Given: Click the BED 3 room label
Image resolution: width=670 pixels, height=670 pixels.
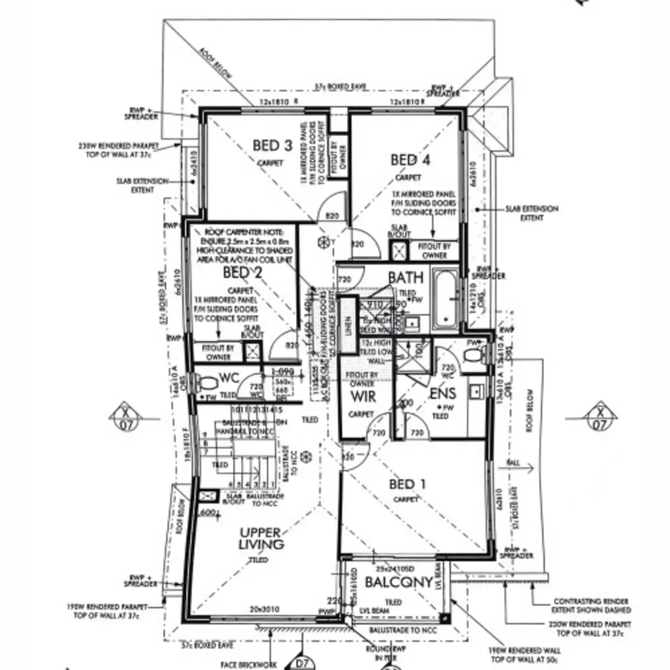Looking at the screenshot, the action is pos(272,146).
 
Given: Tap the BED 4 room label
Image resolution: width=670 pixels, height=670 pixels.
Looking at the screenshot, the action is pos(410,160).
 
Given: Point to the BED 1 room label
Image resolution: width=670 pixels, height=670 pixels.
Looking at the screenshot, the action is pos(407,484).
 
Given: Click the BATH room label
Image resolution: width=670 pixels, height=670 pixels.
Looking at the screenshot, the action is pos(406,277).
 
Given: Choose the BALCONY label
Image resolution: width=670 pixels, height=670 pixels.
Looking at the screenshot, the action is pos(399,582).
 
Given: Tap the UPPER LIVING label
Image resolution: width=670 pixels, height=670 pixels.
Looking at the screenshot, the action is pos(261,538).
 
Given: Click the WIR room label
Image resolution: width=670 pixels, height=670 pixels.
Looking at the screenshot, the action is pos(363,397).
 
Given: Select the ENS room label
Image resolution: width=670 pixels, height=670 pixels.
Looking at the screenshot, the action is pos(442,393).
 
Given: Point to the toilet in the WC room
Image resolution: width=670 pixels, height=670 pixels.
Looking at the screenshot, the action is pos(208,384).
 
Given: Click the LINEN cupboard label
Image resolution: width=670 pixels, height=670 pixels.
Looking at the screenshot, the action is pos(348,327).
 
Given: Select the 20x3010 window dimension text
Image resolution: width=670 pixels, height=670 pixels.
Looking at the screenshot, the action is pos(265,609).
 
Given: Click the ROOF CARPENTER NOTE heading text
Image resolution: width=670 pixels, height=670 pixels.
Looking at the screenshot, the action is pos(244,232).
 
